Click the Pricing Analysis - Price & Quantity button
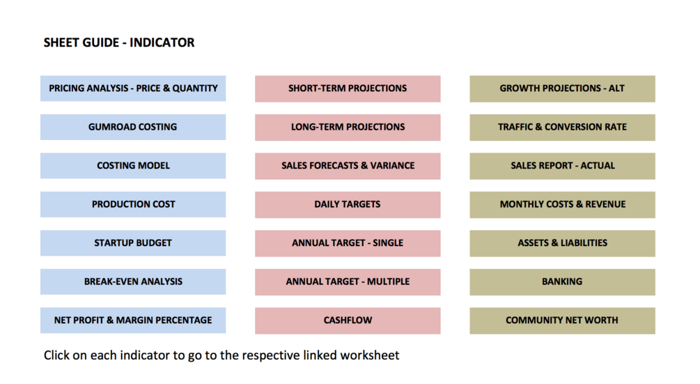[133, 89]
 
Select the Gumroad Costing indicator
[133, 128]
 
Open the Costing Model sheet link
[133, 166]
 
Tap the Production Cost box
[133, 204]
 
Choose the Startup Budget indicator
[133, 243]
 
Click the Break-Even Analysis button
[133, 282]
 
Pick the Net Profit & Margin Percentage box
[133, 320]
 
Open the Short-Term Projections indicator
[348, 89]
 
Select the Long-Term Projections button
[348, 128]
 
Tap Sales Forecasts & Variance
[348, 166]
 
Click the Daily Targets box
[348, 204]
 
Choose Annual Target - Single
[348, 243]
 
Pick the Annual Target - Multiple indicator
[348, 282]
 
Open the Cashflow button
[348, 321]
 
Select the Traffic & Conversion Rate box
[563, 128]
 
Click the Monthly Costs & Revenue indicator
[563, 204]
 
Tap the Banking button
[563, 282]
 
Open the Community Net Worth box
[563, 321]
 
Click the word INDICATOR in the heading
[162, 43]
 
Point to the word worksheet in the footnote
[370, 355]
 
